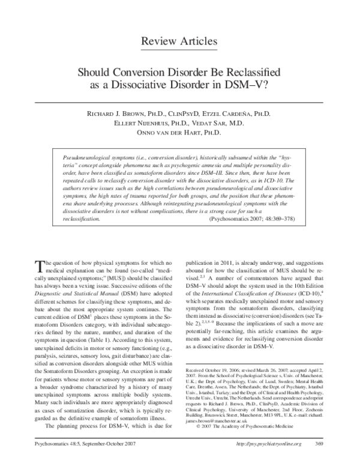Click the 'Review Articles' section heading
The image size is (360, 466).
(179, 41)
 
